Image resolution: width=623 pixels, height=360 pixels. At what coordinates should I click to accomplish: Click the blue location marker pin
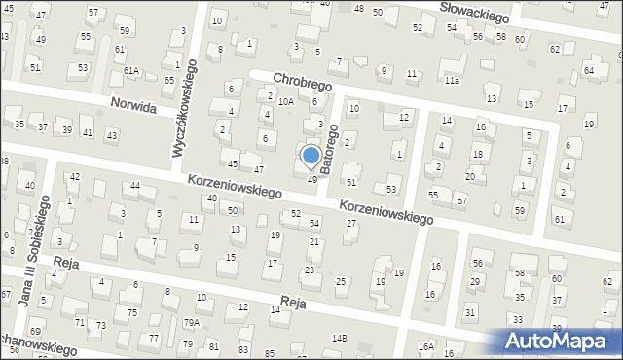tap(311, 157)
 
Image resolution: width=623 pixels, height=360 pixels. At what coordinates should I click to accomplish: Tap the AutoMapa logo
tap(559, 341)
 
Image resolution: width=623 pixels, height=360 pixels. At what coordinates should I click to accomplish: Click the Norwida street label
tap(133, 108)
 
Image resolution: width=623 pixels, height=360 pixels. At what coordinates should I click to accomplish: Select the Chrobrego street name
tap(303, 85)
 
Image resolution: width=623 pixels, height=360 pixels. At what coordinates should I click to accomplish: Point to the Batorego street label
tap(334, 155)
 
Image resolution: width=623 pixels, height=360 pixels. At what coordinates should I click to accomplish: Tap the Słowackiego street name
tap(475, 14)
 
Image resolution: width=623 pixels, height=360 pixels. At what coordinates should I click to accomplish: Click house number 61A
tap(131, 71)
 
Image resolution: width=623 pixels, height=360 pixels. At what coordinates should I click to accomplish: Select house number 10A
tap(285, 101)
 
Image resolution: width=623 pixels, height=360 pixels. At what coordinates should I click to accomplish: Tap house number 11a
tap(452, 81)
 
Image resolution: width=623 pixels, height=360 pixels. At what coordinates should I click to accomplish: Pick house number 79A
tap(192, 322)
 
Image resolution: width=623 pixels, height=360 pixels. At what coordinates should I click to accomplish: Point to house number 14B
tap(339, 338)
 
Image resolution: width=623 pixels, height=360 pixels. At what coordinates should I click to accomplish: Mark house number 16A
tap(425, 346)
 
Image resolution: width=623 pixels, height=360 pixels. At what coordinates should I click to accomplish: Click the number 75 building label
tap(131, 312)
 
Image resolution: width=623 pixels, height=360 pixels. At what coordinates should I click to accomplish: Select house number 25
tap(340, 281)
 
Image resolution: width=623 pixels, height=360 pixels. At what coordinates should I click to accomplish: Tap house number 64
tap(589, 71)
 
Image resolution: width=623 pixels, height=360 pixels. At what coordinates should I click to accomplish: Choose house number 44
tap(135, 186)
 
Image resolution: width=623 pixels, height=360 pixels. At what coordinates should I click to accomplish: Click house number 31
tap(470, 311)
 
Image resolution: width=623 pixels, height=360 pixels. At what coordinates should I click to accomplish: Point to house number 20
tap(470, 176)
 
